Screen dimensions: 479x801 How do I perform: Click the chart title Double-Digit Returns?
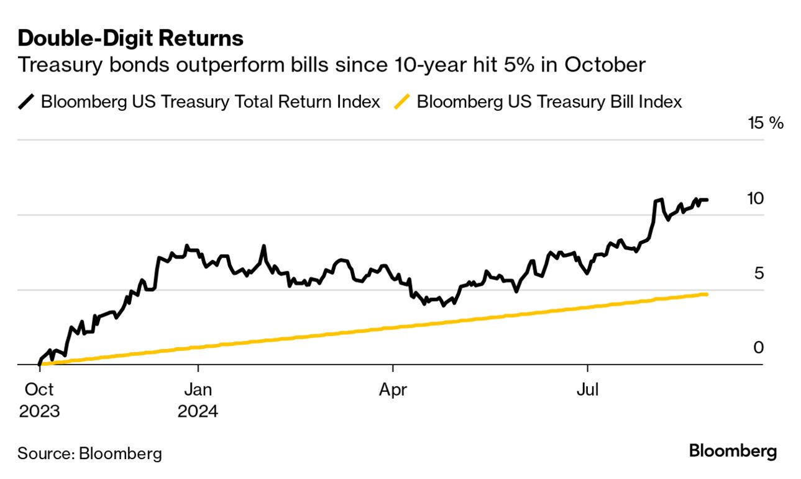click(x=130, y=38)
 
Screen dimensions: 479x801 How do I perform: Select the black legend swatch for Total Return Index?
click(x=27, y=101)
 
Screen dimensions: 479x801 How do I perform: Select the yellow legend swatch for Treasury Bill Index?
click(x=403, y=101)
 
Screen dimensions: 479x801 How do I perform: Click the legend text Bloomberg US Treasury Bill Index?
click(x=549, y=101)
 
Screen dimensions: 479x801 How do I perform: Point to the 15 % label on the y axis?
click(x=766, y=123)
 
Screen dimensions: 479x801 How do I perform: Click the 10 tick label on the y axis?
click(x=755, y=198)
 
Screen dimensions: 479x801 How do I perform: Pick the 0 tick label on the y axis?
click(x=759, y=348)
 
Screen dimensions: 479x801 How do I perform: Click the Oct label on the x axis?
click(x=39, y=390)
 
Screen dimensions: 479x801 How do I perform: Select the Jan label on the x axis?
click(x=198, y=390)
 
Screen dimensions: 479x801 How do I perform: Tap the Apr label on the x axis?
click(x=393, y=390)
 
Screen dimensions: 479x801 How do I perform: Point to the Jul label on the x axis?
click(x=587, y=390)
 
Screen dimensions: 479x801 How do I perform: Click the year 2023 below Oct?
click(x=39, y=411)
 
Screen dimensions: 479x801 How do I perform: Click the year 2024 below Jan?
click(x=198, y=411)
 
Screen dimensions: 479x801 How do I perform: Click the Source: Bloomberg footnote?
click(x=89, y=453)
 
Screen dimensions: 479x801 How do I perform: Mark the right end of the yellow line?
click(x=707, y=294)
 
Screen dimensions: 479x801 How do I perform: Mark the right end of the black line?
click(x=707, y=200)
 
